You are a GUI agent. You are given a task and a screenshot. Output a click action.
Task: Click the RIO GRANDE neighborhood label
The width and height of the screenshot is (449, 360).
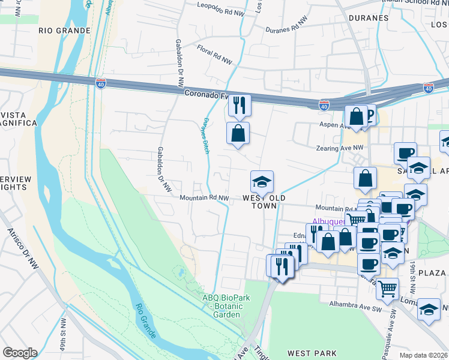(x=64, y=30)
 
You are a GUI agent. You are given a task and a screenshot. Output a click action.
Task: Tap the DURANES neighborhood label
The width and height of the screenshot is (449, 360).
(x=367, y=18)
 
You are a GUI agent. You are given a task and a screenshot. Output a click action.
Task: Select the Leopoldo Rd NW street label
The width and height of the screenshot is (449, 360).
(x=221, y=8)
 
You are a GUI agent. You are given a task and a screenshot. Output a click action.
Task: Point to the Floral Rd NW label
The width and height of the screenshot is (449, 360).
(x=215, y=56)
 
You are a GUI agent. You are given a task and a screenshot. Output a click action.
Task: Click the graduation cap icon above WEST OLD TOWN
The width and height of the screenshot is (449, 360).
(x=262, y=181)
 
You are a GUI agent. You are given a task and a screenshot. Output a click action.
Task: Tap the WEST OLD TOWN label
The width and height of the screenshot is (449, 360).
(x=264, y=202)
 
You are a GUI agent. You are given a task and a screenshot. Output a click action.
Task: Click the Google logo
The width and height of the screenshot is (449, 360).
(x=20, y=353)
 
